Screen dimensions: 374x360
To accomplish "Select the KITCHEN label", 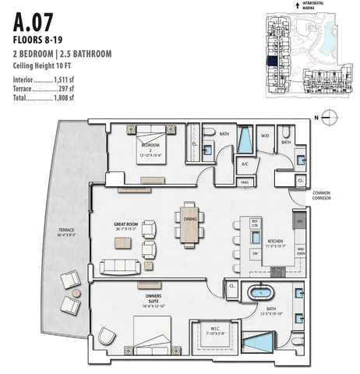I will click(x=277, y=243).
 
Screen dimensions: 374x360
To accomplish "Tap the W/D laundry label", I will click(x=265, y=136).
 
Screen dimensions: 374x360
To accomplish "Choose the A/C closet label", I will click(x=245, y=164).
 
